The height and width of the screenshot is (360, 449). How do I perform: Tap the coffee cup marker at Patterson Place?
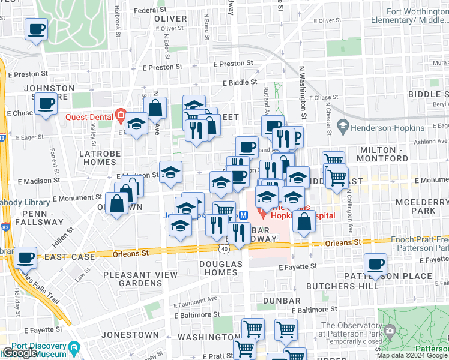coord(376,265)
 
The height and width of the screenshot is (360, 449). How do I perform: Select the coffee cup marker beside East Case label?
coord(25,258)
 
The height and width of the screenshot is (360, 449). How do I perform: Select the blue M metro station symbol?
coord(244,215)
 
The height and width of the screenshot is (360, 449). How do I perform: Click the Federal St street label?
coord(150,10)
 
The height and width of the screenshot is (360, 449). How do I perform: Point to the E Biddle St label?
coord(240,83)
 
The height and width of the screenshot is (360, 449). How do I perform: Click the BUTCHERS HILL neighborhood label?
coord(342,286)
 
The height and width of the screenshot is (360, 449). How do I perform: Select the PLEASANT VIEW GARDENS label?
coord(140,279)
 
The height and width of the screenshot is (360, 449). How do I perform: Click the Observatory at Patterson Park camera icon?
coord(390,330)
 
